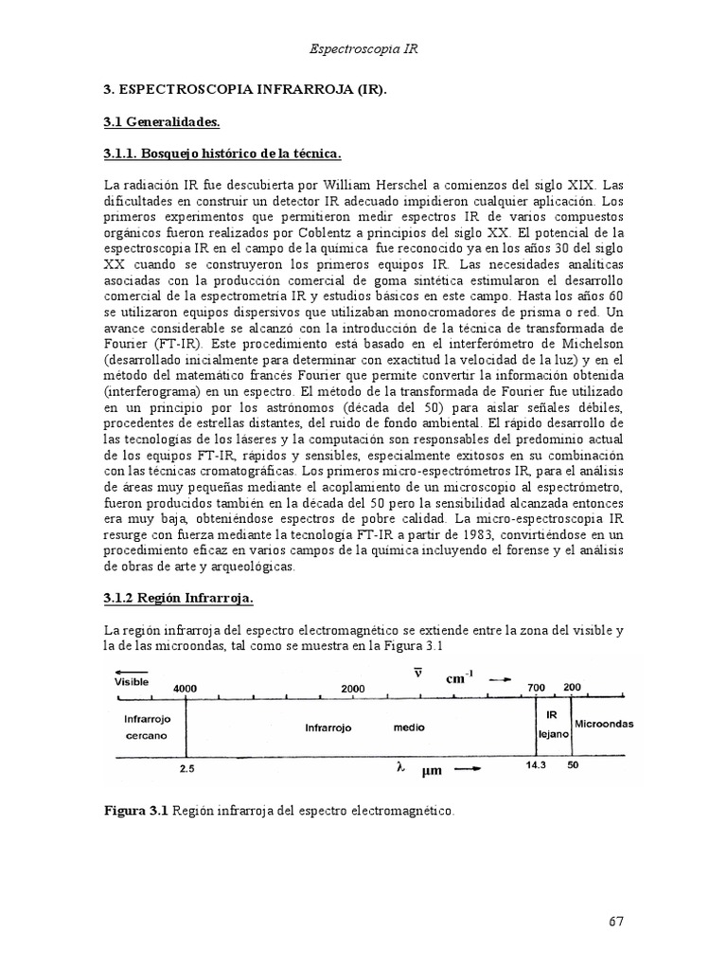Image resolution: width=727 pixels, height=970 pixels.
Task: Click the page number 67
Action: [616, 921]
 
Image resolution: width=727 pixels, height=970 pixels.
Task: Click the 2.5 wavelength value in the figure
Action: [186, 770]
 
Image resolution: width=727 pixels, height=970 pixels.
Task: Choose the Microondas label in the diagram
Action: [603, 724]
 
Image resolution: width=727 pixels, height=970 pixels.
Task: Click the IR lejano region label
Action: [551, 726]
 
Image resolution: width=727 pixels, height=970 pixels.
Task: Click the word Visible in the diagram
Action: [132, 680]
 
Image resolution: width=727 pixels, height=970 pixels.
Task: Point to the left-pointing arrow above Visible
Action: [122, 670]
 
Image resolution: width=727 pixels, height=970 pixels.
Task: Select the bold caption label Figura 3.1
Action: [135, 812]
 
